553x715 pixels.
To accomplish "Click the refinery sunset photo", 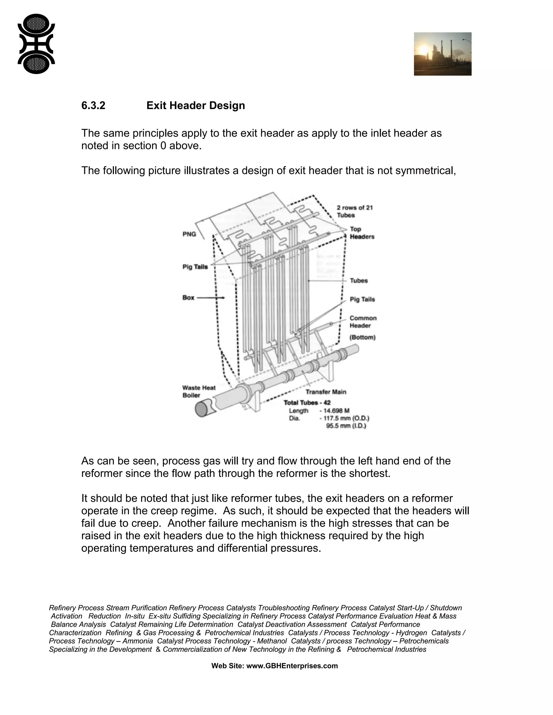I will click(x=442, y=54).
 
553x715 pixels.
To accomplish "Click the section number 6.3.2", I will click(x=93, y=106).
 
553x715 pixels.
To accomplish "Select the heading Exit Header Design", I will click(x=195, y=106).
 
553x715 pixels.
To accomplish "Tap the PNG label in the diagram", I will click(x=189, y=234).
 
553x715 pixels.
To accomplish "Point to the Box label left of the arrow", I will click(x=188, y=298).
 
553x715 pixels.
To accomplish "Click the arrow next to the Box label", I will click(x=211, y=298).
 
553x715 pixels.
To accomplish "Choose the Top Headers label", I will click(x=362, y=233).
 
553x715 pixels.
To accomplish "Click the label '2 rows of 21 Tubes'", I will click(x=355, y=211).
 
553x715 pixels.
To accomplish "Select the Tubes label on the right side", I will click(x=359, y=281).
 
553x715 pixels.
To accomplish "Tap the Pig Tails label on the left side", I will click(x=195, y=267).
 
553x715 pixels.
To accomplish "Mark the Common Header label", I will click(x=363, y=322).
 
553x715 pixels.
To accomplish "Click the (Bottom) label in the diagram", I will click(x=362, y=337).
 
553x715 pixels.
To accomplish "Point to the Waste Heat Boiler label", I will click(x=198, y=391).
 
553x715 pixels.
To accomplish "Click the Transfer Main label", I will click(x=326, y=392).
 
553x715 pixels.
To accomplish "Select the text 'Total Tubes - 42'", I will click(x=307, y=403).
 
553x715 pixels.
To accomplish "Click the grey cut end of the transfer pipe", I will click(x=201, y=409).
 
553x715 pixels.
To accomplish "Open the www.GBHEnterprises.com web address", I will click(x=292, y=666).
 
